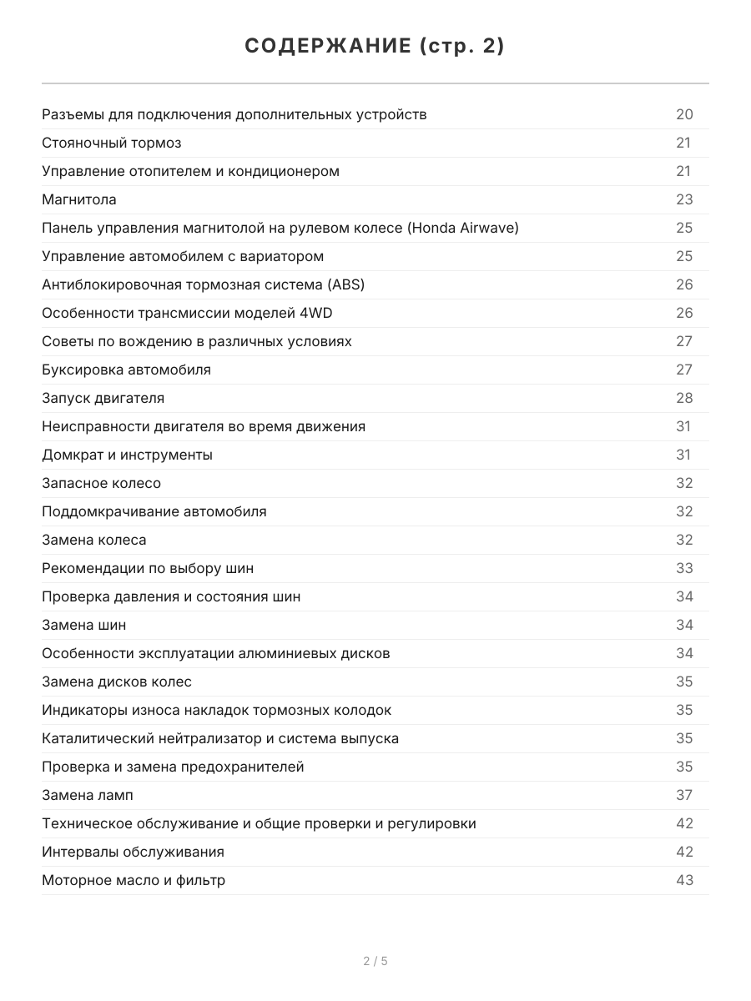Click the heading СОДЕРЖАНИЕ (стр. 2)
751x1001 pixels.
(x=375, y=47)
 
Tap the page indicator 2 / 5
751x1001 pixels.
(x=375, y=961)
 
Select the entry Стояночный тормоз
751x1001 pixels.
(x=112, y=143)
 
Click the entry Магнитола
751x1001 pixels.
(x=79, y=199)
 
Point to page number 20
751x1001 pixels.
(x=684, y=114)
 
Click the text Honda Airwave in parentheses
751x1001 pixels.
(x=463, y=228)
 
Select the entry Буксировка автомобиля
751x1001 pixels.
(x=126, y=370)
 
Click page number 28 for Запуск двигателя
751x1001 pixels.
(x=684, y=398)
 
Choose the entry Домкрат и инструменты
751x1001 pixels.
(x=127, y=455)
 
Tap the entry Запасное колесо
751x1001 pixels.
(x=101, y=483)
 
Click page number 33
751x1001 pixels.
(x=684, y=568)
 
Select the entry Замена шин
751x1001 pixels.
(x=83, y=625)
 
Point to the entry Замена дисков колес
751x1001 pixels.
(x=117, y=682)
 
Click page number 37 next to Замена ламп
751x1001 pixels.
(x=684, y=795)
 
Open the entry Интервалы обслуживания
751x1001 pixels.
(x=133, y=852)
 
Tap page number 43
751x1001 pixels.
(x=684, y=880)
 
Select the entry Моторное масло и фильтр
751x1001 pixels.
(x=134, y=880)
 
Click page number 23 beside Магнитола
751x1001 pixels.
(x=684, y=199)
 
